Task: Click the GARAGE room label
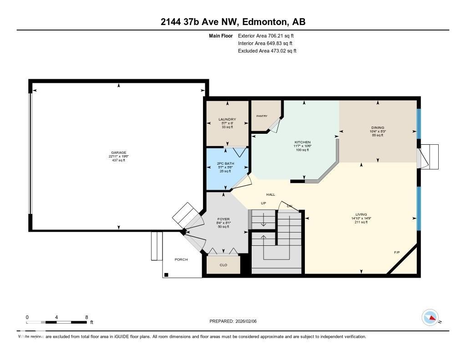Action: [118, 153]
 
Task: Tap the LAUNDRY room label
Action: [227, 119]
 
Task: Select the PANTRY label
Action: [262, 116]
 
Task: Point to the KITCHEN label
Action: [302, 142]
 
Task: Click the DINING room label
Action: [377, 128]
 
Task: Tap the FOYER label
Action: [223, 219]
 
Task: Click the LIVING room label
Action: [361, 214]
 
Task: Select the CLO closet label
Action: [223, 265]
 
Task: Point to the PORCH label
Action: [181, 259]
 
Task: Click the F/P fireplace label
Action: [397, 252]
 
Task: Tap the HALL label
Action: [270, 194]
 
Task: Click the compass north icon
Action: [430, 317]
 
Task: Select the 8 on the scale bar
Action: [86, 317]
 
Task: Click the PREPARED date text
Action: [236, 321]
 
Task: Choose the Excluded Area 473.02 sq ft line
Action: [267, 51]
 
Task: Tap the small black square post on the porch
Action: [167, 274]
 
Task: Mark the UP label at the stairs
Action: [263, 203]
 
